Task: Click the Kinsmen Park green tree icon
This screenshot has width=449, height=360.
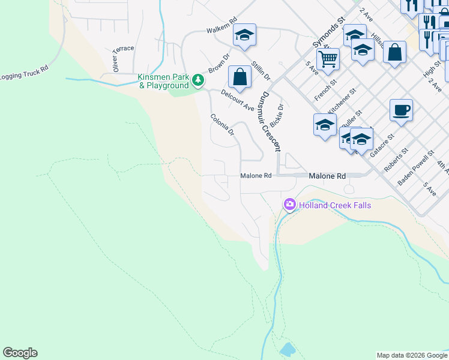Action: [x=197, y=79]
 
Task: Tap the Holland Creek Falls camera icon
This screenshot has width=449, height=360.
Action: [x=290, y=205]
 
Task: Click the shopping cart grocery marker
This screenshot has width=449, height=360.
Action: [x=328, y=59]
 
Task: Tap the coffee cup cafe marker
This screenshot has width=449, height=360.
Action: [x=401, y=110]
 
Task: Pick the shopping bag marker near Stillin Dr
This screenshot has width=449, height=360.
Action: [x=240, y=77]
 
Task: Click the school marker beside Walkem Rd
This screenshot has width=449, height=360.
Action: [x=244, y=35]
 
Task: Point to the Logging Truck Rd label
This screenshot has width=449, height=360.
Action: [x=24, y=76]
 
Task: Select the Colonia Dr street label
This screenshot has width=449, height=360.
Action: [x=221, y=125]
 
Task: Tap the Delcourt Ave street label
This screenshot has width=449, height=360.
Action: [x=237, y=100]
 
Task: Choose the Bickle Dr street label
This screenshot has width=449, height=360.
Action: [x=276, y=115]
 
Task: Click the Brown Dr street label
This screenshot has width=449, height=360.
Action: [x=219, y=64]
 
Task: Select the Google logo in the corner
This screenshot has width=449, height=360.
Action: [x=20, y=353]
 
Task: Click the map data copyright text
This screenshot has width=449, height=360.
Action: [x=411, y=355]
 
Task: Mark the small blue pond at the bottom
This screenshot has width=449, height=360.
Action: [x=288, y=348]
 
